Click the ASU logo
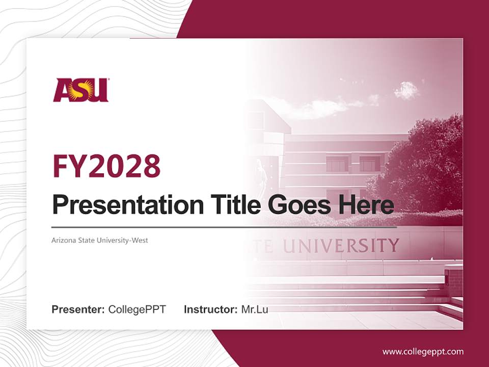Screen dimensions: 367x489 (81, 90)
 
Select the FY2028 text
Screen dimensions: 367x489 (106, 166)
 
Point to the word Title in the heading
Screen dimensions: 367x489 (234, 205)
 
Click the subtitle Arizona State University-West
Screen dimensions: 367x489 (100, 240)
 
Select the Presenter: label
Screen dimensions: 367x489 (78, 309)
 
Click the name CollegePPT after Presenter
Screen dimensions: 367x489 (137, 309)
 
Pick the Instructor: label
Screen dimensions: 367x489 (210, 309)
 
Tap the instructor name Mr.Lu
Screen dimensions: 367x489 (255, 309)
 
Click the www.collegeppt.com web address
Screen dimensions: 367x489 (423, 351)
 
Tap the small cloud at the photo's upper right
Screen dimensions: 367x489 (407, 90)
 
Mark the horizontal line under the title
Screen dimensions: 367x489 (224, 227)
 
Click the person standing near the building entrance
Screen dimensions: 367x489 (260, 173)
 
